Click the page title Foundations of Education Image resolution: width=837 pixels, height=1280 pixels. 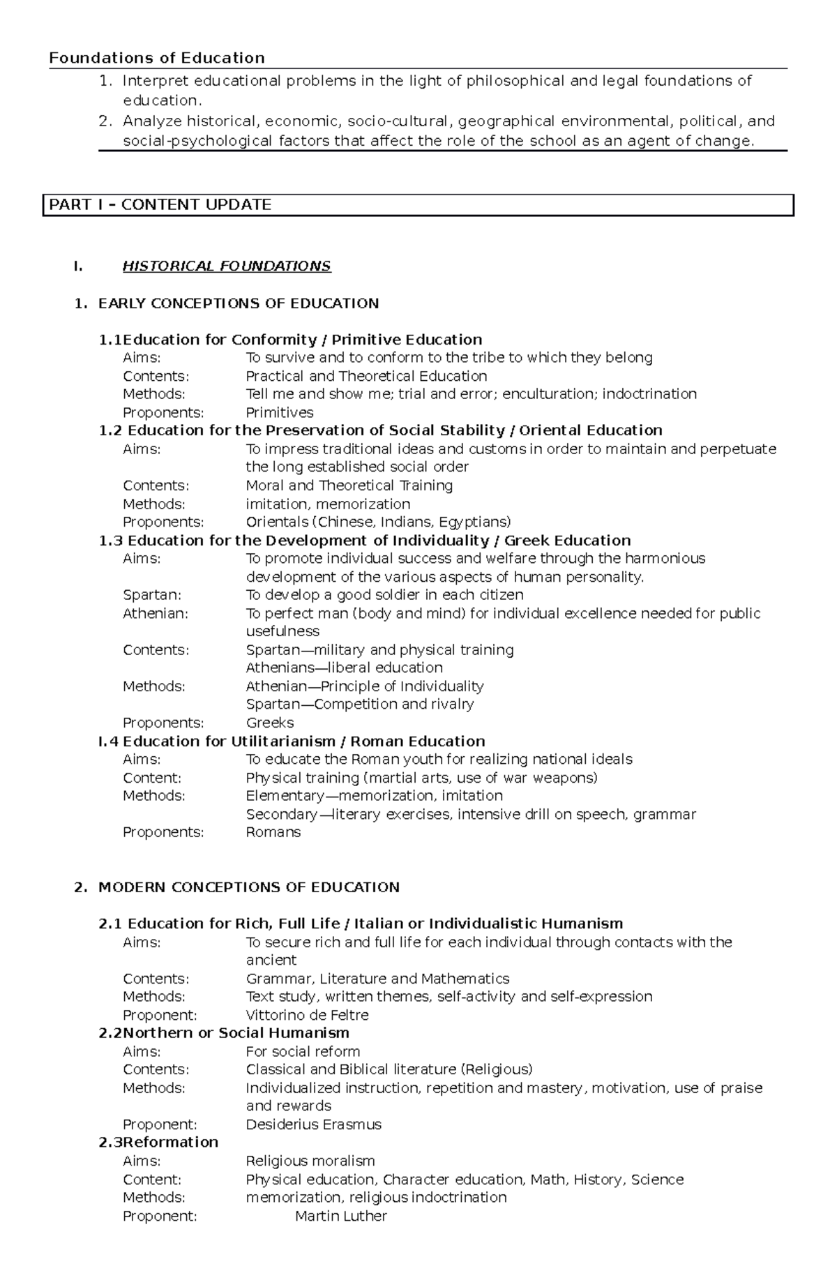pos(157,58)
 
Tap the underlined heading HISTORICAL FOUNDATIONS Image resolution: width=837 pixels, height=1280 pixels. pos(227,266)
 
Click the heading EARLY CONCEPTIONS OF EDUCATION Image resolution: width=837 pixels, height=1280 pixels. pos(239,303)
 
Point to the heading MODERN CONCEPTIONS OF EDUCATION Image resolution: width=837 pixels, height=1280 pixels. pos(249,887)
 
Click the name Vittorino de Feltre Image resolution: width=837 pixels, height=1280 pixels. pos(307,1015)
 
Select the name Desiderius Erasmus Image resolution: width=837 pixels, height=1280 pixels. pos(313,1124)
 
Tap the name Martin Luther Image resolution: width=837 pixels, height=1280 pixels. pos(340,1216)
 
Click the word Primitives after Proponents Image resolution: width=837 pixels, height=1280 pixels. pos(279,412)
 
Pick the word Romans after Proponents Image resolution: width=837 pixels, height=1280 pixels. pos(273,832)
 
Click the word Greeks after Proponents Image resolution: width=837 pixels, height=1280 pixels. pos(269,723)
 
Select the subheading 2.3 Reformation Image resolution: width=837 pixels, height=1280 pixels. pos(158,1143)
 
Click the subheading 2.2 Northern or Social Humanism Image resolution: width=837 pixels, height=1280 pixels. pos(224,1033)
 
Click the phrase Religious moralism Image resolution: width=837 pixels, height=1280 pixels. pos(310,1161)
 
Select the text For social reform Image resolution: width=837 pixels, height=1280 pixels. pos(303,1052)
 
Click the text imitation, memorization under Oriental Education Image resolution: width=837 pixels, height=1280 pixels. pos(328,504)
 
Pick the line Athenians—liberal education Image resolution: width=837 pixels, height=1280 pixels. pos(344,668)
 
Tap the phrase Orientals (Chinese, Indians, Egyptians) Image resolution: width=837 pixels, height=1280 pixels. pos(378,522)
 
